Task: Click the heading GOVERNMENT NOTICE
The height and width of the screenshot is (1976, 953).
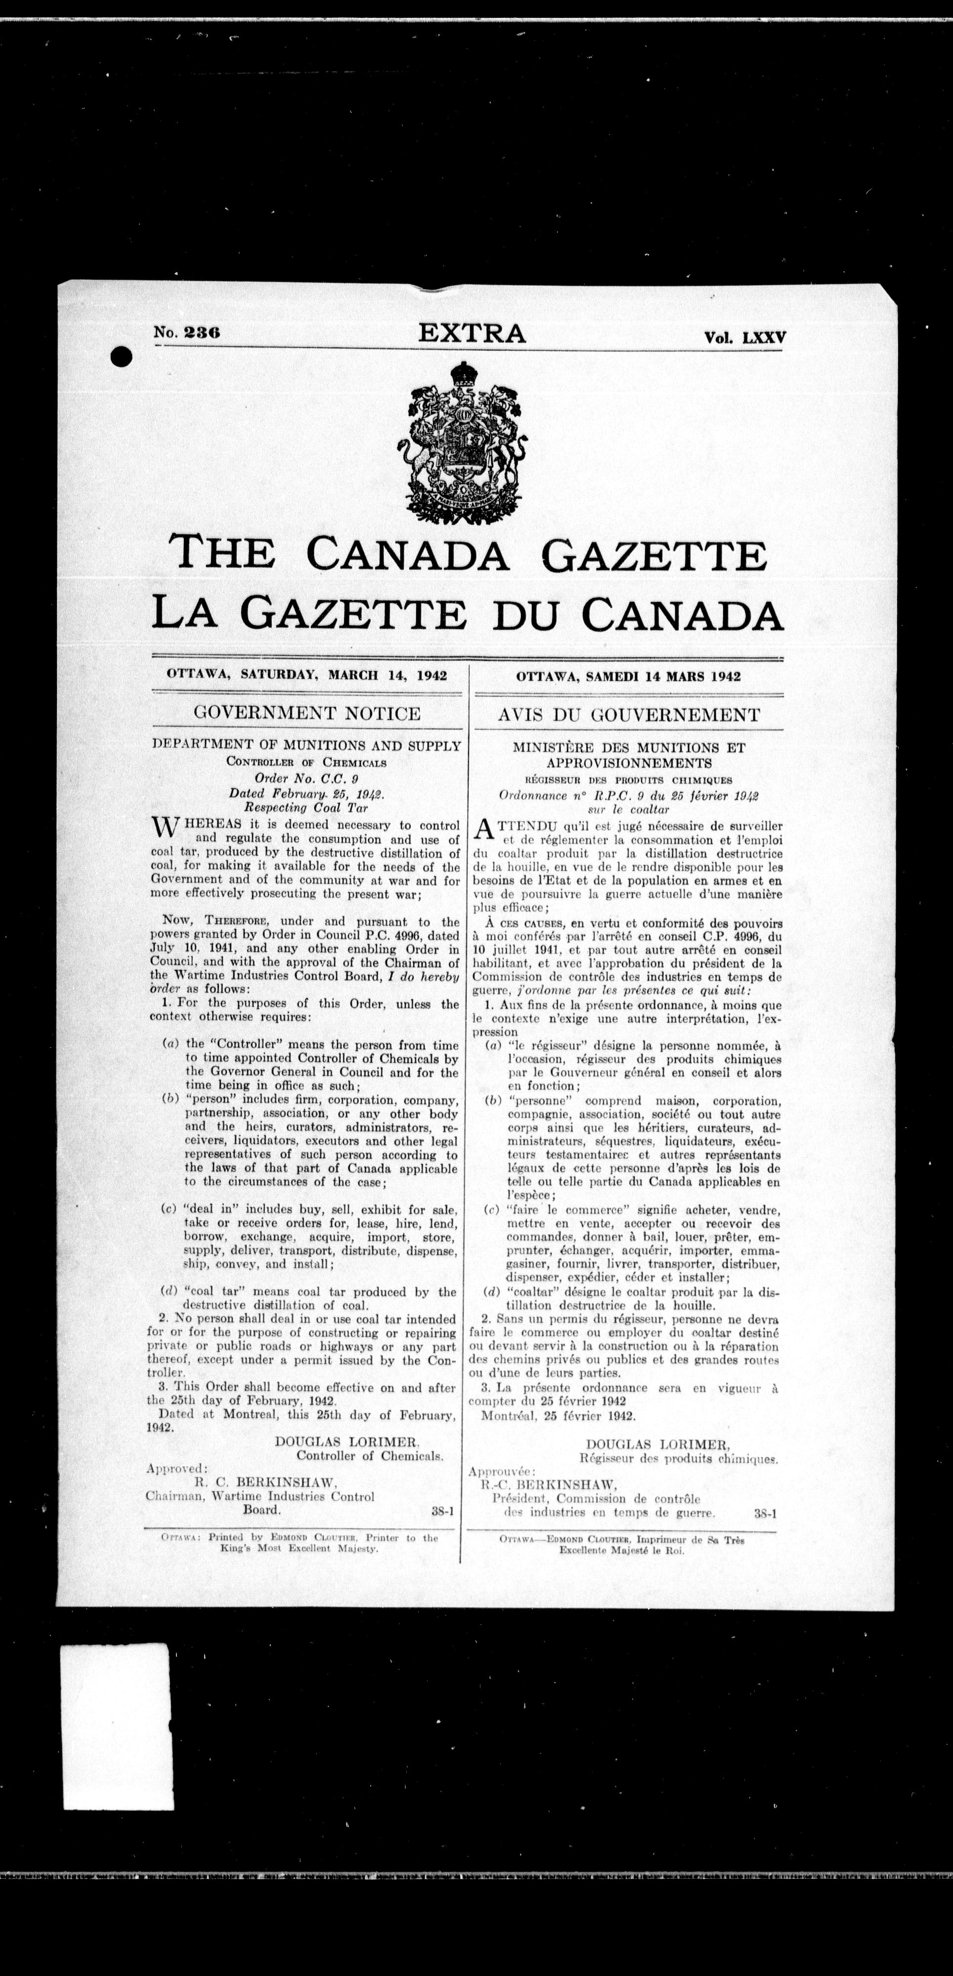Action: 307,713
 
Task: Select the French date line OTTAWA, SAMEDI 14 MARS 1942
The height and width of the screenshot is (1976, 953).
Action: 628,677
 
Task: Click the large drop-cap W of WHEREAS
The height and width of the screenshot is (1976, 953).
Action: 167,829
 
